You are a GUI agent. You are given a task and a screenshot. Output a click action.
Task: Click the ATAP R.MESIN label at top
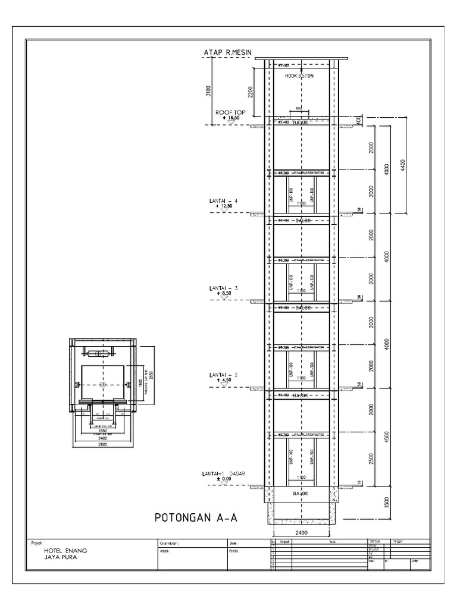pos(228,53)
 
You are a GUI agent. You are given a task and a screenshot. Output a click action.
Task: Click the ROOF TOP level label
pos(230,112)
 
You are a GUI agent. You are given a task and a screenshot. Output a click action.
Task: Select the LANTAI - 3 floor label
pos(223,288)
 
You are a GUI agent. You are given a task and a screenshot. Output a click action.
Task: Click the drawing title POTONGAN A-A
pos(195,517)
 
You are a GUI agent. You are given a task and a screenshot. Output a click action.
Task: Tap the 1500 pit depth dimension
pos(387,502)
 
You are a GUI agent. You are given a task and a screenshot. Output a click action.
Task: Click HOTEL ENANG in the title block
pos(62,551)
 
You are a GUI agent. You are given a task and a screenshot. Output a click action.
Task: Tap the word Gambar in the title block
pos(168,544)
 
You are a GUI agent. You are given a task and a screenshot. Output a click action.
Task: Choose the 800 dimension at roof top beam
pos(298,109)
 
